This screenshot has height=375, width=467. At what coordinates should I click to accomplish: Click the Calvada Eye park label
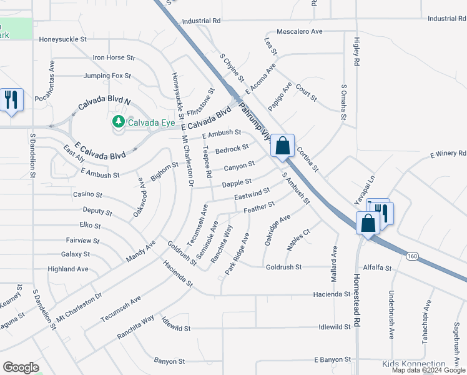point(150,122)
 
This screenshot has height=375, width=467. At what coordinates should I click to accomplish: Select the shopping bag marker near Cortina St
point(282,146)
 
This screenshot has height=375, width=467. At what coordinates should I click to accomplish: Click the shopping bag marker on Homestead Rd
point(368,222)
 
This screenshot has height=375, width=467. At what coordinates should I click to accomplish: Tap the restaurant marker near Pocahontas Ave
point(12,99)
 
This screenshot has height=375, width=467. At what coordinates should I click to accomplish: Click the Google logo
point(21,367)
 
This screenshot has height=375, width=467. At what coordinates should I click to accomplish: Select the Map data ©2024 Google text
point(428,370)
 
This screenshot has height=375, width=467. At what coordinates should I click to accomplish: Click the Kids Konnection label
point(413,364)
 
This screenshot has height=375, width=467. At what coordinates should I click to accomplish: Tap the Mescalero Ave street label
point(299,31)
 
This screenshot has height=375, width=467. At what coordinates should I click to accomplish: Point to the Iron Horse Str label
point(114,57)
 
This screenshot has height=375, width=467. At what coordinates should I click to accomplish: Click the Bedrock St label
point(232,149)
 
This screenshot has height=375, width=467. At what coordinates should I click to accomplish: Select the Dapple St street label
point(237,184)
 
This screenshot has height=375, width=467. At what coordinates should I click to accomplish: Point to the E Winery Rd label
point(448,153)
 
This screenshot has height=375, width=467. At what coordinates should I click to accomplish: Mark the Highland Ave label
point(69,269)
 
